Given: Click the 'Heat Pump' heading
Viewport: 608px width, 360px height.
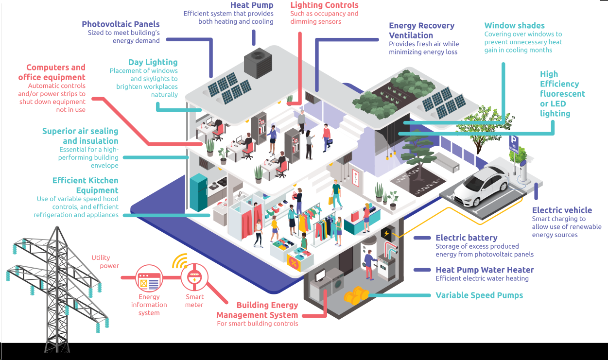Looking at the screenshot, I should pos(252,5).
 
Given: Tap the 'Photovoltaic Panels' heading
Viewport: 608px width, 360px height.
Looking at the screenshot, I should pos(121,24).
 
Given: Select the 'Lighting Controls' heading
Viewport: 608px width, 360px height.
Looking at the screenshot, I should pos(324,5).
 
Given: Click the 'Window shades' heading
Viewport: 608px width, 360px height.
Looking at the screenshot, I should pos(514,26).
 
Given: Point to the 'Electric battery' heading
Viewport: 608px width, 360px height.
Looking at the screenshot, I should pos(466,238).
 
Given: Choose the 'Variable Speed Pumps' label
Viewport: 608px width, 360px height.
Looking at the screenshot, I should pos(479,295).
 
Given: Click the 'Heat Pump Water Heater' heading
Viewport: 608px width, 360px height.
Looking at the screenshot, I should pos(485,270).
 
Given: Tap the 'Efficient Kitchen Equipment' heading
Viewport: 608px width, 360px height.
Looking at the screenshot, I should pos(85,186).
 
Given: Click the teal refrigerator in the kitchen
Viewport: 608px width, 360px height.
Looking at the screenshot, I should pos(199,192).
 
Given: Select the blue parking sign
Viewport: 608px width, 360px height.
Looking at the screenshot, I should pos(513,143).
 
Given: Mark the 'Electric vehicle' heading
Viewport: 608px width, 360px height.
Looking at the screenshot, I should pos(562,210).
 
